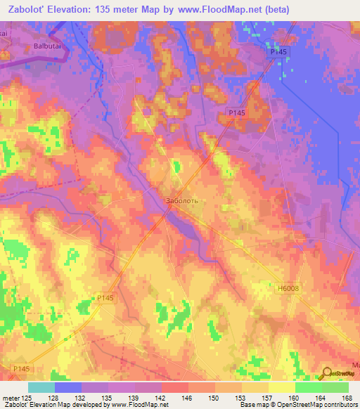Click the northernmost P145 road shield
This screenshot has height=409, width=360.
click(x=278, y=53)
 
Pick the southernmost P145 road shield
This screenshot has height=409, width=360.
click(x=21, y=368)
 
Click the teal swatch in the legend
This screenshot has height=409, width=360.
click(x=41, y=387)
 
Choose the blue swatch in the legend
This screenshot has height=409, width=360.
click(x=68, y=387)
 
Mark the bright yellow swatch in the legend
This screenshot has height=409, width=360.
click(x=281, y=387)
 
